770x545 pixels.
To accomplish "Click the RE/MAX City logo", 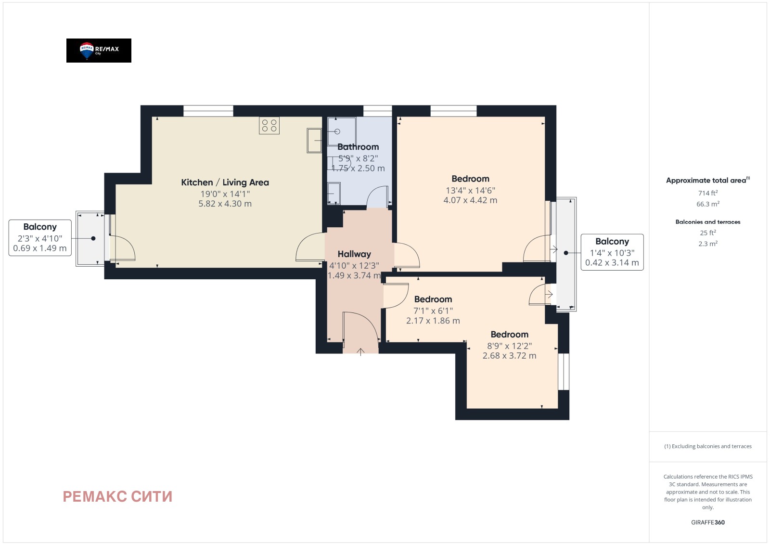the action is pyautogui.click(x=99, y=51).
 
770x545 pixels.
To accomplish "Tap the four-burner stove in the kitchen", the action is pyautogui.click(x=269, y=126).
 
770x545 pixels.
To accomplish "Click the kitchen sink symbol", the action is pyautogui.click(x=314, y=140).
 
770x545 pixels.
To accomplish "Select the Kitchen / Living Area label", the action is pyautogui.click(x=225, y=182).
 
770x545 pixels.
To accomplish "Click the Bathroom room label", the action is pyautogui.click(x=358, y=147).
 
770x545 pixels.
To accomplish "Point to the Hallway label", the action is pyautogui.click(x=354, y=254).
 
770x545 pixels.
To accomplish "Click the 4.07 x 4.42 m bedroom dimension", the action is pyautogui.click(x=470, y=200).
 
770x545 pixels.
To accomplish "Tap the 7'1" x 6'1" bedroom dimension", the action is pyautogui.click(x=433, y=311).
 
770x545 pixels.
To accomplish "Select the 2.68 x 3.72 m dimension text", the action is pyautogui.click(x=510, y=355).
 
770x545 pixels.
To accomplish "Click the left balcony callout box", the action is pyautogui.click(x=40, y=238).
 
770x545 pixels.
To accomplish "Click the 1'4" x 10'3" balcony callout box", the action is pyautogui.click(x=612, y=252).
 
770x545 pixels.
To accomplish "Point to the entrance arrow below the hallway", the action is pyautogui.click(x=360, y=352).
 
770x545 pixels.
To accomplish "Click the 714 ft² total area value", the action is pyautogui.click(x=708, y=193).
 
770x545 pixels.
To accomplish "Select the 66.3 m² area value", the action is pyautogui.click(x=708, y=204).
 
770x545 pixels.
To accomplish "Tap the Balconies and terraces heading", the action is pyautogui.click(x=708, y=222).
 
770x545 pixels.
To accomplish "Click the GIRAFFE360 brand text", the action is pyautogui.click(x=708, y=522).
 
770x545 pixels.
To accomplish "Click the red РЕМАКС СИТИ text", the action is pyautogui.click(x=117, y=496).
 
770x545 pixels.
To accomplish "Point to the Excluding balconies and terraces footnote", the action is pyautogui.click(x=708, y=446).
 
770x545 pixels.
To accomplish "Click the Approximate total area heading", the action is pyautogui.click(x=708, y=180).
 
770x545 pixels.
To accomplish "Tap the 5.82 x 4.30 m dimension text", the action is pyautogui.click(x=225, y=204).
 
